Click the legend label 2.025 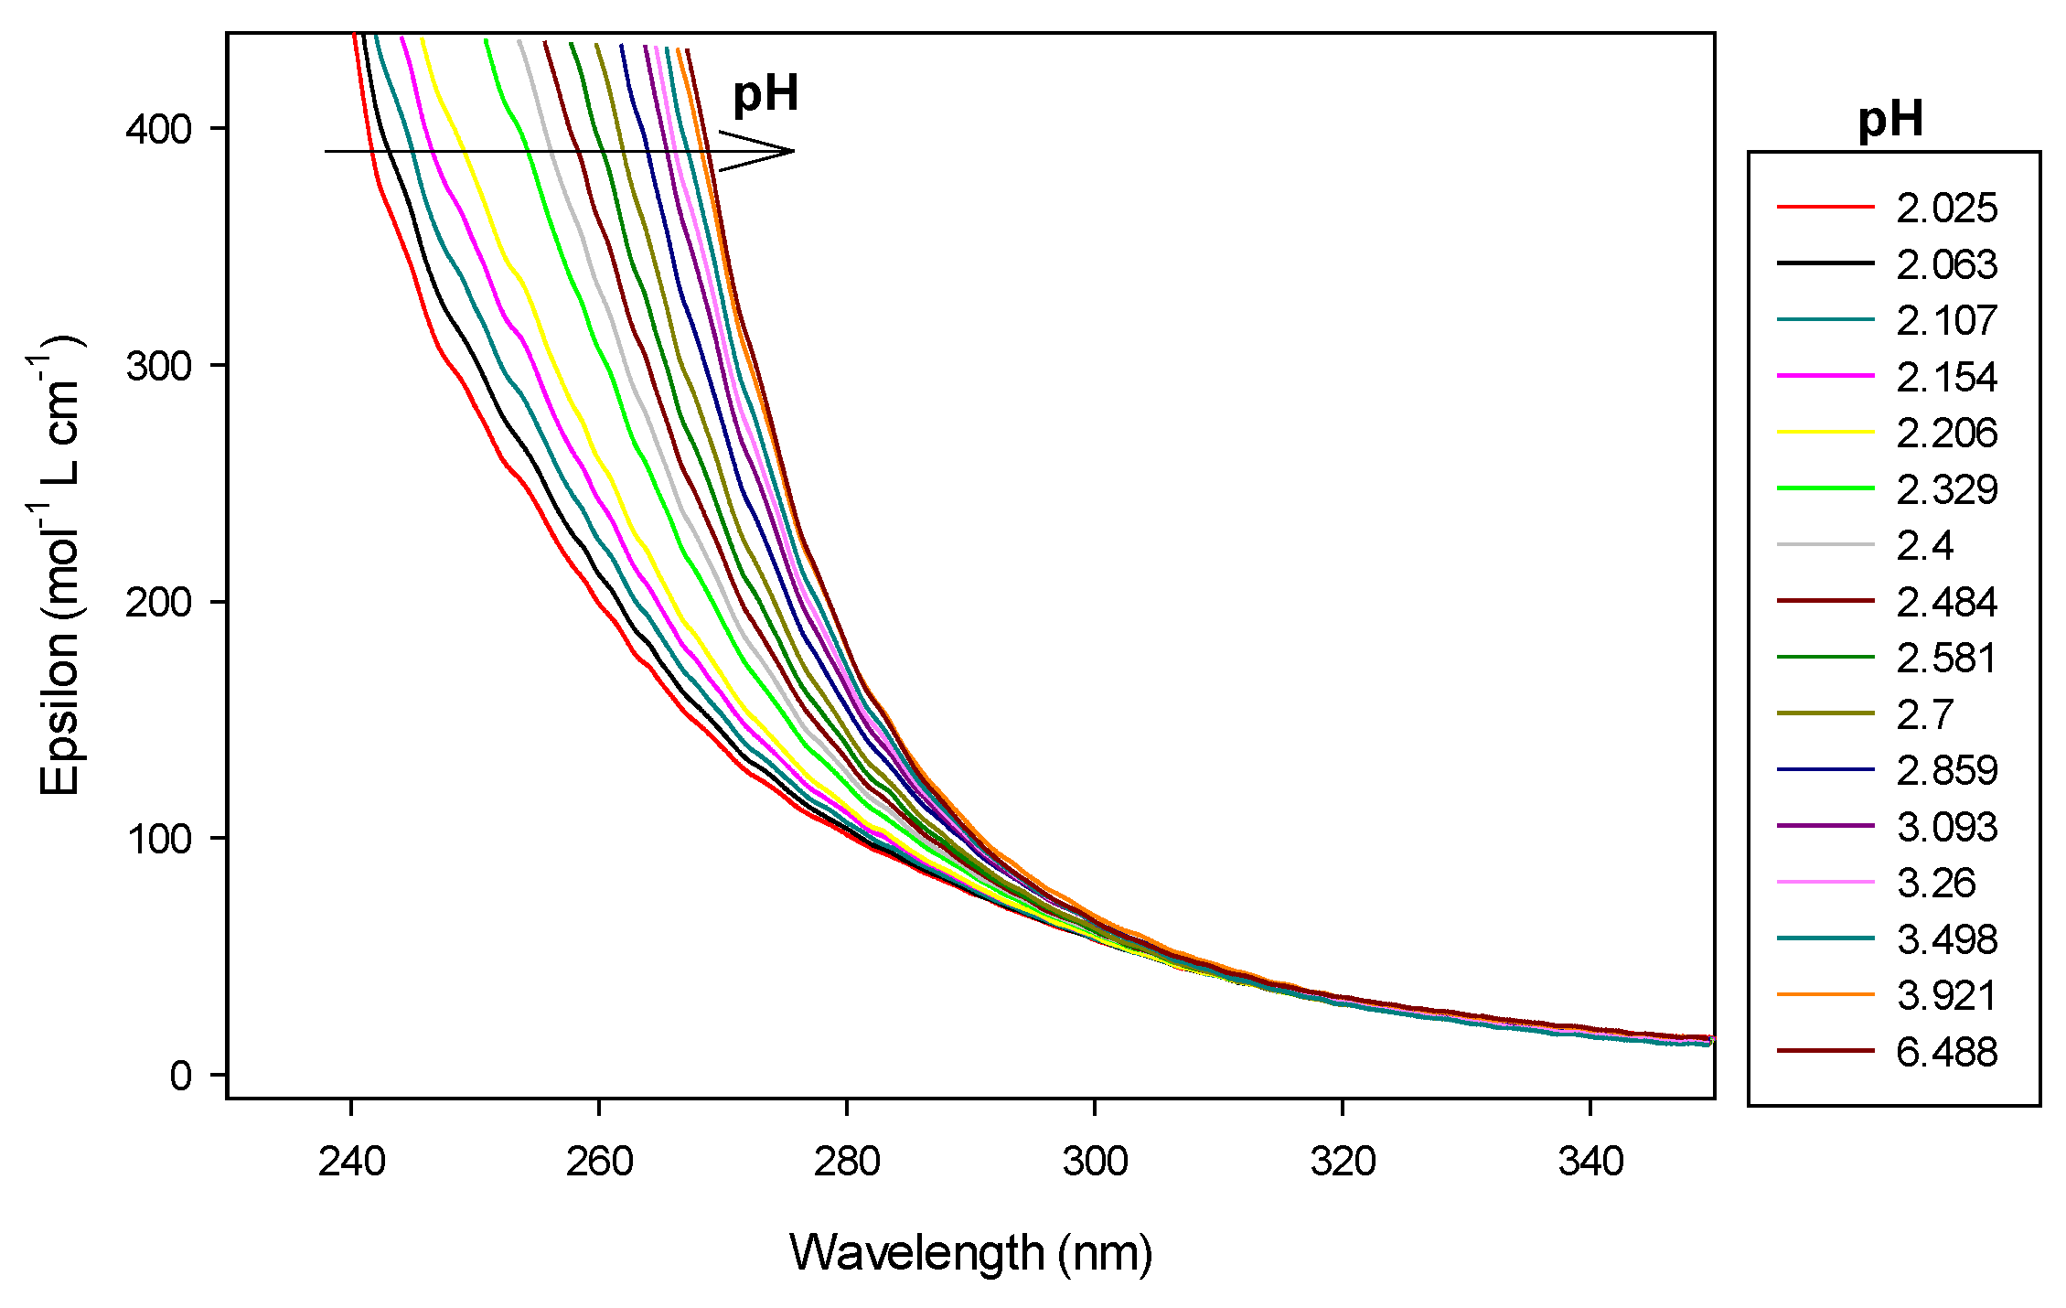pyautogui.click(x=1946, y=209)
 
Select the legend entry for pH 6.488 pyautogui.click(x=1946, y=1052)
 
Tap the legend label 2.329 pyautogui.click(x=1946, y=489)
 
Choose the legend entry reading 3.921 pyautogui.click(x=1946, y=995)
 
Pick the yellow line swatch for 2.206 pyautogui.click(x=1825, y=431)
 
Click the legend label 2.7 pyautogui.click(x=1924, y=714)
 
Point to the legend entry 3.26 pyautogui.click(x=1935, y=883)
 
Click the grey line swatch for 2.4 pyautogui.click(x=1825, y=544)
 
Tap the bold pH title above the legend pyautogui.click(x=1890, y=120)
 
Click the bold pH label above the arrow pyautogui.click(x=765, y=94)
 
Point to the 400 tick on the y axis pyautogui.click(x=159, y=128)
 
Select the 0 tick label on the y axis pyautogui.click(x=180, y=1075)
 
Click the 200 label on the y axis pyautogui.click(x=159, y=602)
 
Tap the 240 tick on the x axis pyautogui.click(x=351, y=1162)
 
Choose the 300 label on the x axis pyautogui.click(x=1095, y=1162)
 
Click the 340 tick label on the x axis pyautogui.click(x=1590, y=1162)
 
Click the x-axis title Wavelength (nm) pyautogui.click(x=970, y=1252)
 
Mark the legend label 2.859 pyautogui.click(x=1946, y=770)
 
